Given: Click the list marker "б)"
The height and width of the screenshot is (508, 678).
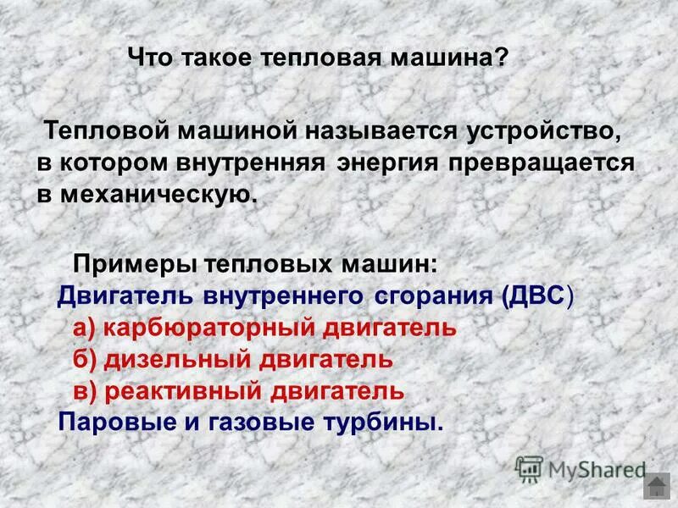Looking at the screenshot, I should pos(85,359).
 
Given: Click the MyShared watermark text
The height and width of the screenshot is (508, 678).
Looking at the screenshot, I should pos(597,468).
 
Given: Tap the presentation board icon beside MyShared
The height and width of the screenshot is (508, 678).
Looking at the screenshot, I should pos(529,469).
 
